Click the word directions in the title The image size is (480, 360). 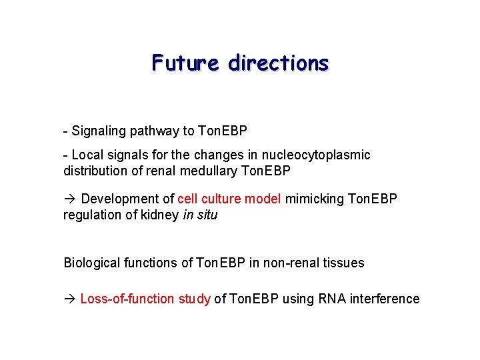278,63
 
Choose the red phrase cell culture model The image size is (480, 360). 229,199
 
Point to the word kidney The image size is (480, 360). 162,215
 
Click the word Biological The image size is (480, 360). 92,263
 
